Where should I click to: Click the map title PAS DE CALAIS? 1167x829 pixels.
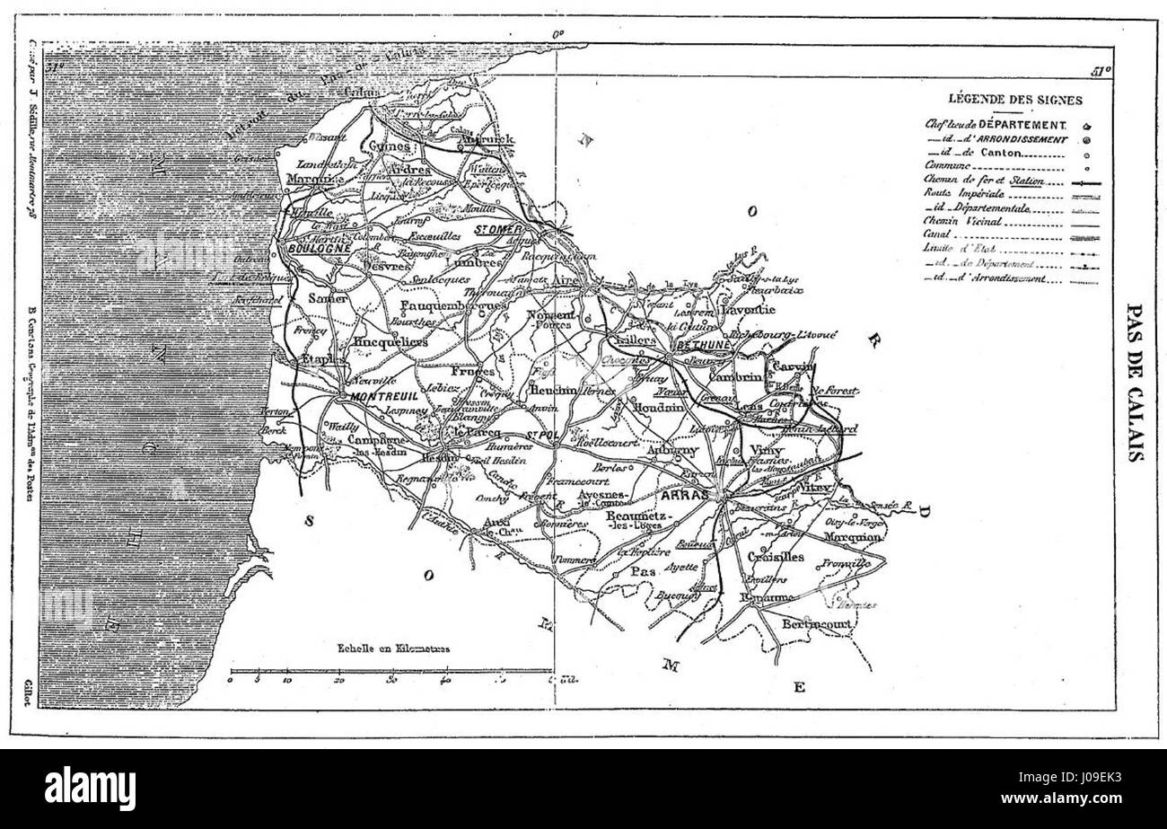tap(1134, 383)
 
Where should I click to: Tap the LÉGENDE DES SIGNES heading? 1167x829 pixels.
tap(1014, 100)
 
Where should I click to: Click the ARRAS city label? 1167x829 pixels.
tap(685, 495)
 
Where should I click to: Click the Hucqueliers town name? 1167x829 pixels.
tap(390, 341)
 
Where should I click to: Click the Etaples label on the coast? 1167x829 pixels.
tap(323, 359)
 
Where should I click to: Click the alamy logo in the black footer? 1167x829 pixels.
tap(91, 789)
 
